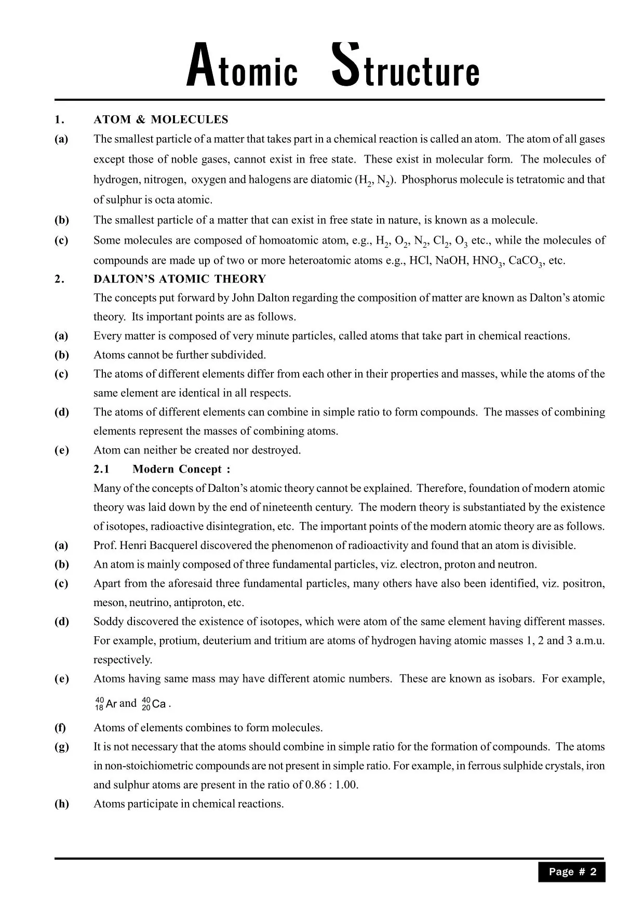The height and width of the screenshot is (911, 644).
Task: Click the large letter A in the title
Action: pyautogui.click(x=200, y=66)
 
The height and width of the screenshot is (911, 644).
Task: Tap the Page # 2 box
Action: pyautogui.click(x=572, y=872)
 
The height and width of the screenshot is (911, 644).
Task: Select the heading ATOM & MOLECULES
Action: pyautogui.click(x=160, y=119)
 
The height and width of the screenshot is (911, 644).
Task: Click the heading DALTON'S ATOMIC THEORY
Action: pyautogui.click(x=179, y=279)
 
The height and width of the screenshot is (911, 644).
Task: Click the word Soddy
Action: pyautogui.click(x=108, y=622)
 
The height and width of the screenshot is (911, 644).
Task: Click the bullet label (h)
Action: pyautogui.click(x=61, y=804)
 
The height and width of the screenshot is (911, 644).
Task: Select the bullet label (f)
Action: pyautogui.click(x=60, y=728)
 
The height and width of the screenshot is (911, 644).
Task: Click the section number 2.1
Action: pyautogui.click(x=101, y=469)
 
